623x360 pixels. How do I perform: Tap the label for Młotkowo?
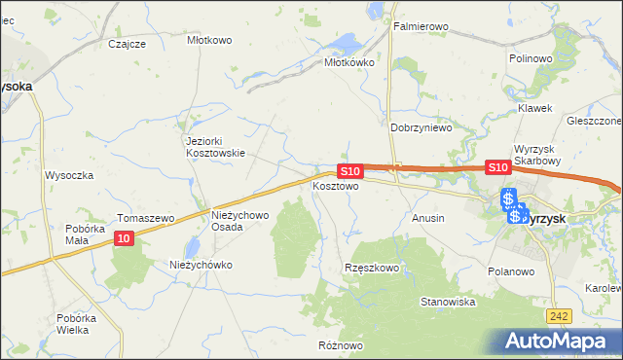point(209,41)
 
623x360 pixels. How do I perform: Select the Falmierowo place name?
point(421,26)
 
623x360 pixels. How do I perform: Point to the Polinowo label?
point(531,58)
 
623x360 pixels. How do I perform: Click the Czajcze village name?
point(128,44)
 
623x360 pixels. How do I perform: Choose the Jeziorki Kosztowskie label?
point(215,146)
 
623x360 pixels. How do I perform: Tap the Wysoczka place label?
point(68,176)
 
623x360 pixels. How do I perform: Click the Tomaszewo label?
point(144,219)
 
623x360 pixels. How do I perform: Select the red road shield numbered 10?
point(124,238)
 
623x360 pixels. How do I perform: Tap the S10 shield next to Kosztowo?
point(351,170)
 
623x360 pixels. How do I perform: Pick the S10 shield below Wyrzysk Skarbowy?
point(498,168)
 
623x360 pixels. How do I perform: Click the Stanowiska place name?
point(447,303)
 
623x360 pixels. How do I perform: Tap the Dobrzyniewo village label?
point(421,127)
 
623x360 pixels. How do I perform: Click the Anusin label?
point(428,218)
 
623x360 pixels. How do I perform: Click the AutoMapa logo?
point(561,341)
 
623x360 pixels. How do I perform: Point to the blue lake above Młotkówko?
point(346,43)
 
